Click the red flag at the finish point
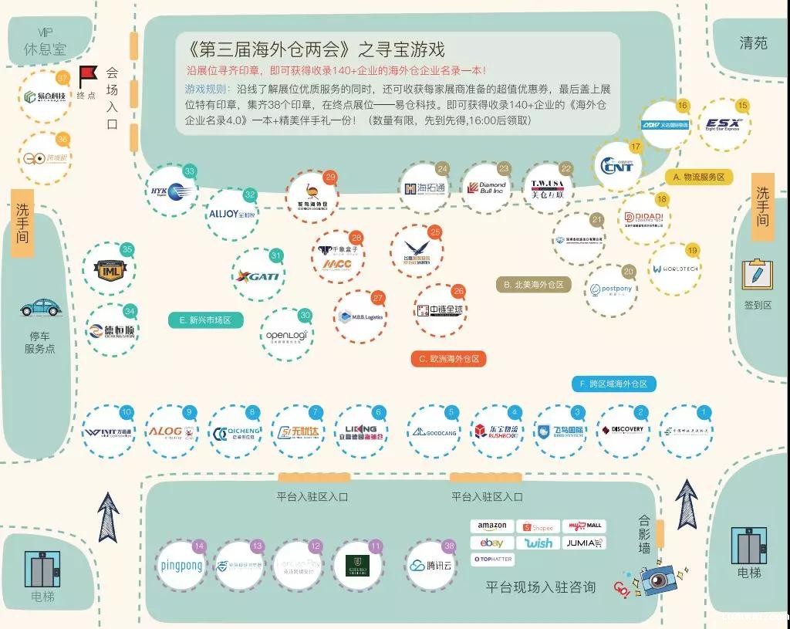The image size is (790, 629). tap(86, 76)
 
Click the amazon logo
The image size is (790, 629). tap(491, 526)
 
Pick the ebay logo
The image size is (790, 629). tap(491, 543)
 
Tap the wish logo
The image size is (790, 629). tap(538, 543)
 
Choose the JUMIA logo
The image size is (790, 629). tap(584, 543)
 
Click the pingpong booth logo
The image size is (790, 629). tap(181, 566)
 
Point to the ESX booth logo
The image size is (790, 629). tap(723, 125)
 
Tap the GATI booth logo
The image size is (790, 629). tap(259, 276)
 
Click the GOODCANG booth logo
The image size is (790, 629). tap(434, 431)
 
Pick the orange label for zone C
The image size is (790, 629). tap(448, 359)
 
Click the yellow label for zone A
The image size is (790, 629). tap(699, 178)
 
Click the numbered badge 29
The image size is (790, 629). tap(330, 178)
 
